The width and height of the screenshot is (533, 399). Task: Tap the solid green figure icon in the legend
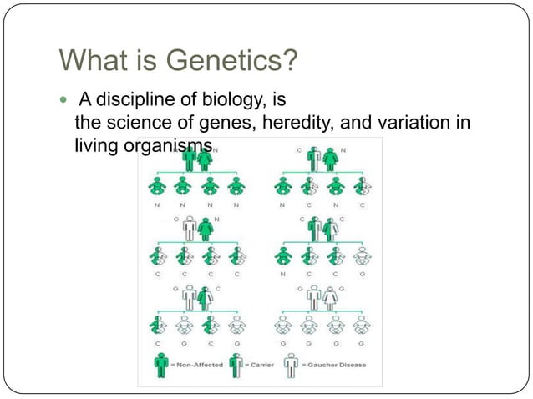click(161, 365)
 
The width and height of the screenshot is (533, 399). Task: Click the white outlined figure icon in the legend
click(292, 365)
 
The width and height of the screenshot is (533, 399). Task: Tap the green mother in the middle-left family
click(206, 229)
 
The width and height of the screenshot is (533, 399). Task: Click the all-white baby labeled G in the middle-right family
click(363, 256)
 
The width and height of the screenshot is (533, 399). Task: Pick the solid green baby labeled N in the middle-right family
click(284, 256)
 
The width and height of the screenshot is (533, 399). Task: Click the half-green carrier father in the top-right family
click(313, 159)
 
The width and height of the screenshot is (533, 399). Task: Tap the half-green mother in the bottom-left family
click(206, 298)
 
